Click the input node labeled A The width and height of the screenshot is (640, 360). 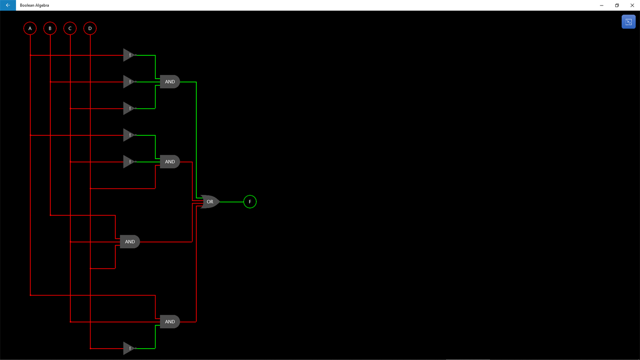click(30, 28)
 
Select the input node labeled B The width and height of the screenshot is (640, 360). click(50, 28)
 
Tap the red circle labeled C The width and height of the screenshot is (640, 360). click(70, 28)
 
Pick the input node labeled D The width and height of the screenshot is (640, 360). click(90, 28)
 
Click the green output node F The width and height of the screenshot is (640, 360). click(250, 202)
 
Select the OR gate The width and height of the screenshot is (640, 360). click(210, 202)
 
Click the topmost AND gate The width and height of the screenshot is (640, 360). click(170, 82)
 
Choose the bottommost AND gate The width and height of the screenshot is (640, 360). click(170, 322)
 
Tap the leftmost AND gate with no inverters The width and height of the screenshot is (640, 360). click(130, 242)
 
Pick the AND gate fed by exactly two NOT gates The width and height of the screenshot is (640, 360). click(170, 161)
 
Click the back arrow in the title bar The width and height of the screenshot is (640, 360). click(8, 5)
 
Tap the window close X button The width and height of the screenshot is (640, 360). click(632, 5)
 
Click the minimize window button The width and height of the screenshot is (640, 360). click(602, 5)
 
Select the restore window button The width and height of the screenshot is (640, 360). click(617, 5)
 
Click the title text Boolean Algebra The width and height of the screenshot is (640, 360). click(34, 5)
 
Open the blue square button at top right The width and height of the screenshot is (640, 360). click(628, 22)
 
